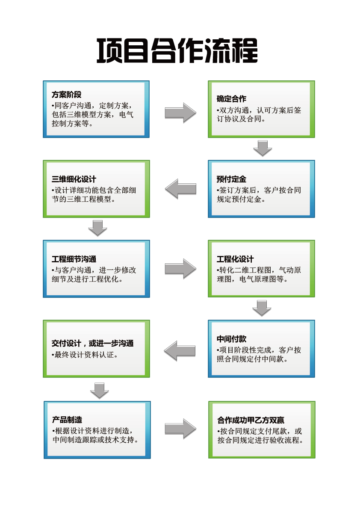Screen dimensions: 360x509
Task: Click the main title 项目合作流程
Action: [177, 50]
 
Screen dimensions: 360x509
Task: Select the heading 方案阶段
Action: [67, 94]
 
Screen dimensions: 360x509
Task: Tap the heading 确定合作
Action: [231, 99]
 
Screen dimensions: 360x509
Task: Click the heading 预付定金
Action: [231, 179]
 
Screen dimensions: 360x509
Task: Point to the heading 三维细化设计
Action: [74, 179]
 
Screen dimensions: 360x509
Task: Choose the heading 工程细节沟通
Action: [74, 259]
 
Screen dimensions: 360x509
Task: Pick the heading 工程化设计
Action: [235, 259]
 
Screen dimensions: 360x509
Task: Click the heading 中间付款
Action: [231, 339]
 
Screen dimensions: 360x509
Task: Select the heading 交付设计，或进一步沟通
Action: [92, 343]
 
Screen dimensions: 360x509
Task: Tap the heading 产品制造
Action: [67, 420]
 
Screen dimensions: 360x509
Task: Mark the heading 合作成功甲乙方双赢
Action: [251, 420]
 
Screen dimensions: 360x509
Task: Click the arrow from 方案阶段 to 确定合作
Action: [180, 113]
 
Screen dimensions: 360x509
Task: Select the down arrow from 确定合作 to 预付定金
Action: [263, 148]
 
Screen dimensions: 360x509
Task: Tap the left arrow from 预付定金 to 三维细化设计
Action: [180, 189]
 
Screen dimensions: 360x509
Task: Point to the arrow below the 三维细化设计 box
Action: [98, 228]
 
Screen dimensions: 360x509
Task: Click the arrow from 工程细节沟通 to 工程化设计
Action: [180, 269]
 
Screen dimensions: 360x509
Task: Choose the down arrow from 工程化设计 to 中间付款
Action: [262, 308]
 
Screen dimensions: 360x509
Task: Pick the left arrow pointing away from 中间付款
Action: [180, 351]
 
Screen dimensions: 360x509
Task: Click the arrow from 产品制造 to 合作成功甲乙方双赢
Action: [180, 429]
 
